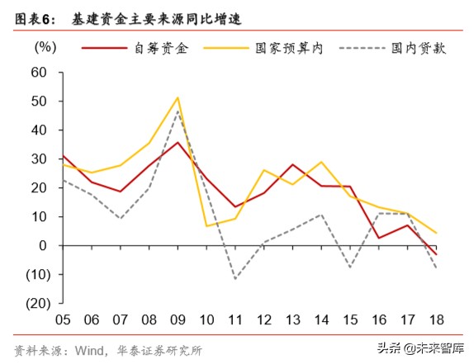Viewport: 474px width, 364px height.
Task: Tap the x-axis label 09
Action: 178,319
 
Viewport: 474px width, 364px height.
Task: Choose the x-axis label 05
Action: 62,319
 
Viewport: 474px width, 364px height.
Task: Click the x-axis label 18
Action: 436,319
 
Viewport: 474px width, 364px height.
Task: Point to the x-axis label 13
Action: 292,319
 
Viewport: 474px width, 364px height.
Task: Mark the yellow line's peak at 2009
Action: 178,97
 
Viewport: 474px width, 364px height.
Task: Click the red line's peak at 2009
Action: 178,142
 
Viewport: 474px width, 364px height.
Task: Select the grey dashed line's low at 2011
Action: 235,279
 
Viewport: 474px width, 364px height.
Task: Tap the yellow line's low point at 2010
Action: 206,226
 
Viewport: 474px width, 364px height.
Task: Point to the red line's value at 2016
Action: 379,238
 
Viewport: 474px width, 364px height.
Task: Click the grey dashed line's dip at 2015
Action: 350,267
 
